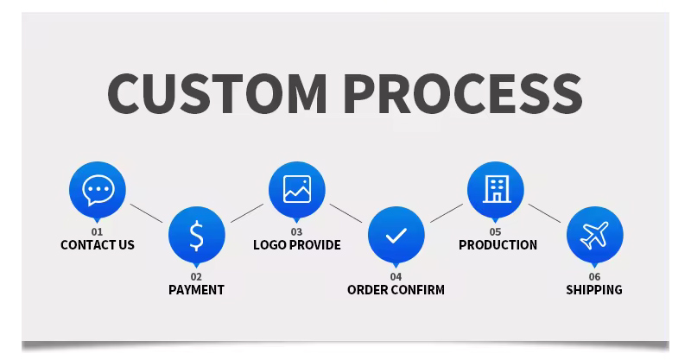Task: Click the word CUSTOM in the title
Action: (217, 93)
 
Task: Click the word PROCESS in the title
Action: (463, 93)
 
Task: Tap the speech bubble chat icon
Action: (98, 190)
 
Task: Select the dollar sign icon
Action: (197, 236)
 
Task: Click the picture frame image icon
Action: (297, 189)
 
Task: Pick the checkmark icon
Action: (396, 236)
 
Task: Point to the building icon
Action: (497, 189)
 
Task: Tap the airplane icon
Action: (594, 236)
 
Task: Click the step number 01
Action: (97, 231)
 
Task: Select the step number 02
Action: (196, 277)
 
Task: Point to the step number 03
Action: (296, 231)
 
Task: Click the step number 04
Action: (396, 277)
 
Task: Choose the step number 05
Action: (495, 231)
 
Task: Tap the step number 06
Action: (594, 277)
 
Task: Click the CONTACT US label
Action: (98, 245)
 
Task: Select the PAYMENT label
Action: (197, 290)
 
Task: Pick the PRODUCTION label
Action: (498, 245)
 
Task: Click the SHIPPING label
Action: (594, 290)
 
